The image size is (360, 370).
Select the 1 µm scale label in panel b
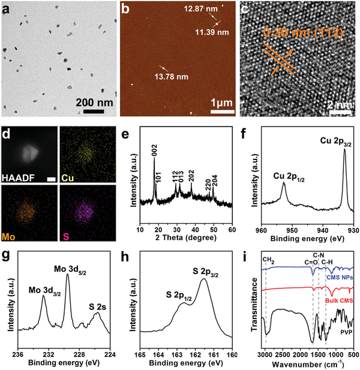[x=219, y=103]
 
